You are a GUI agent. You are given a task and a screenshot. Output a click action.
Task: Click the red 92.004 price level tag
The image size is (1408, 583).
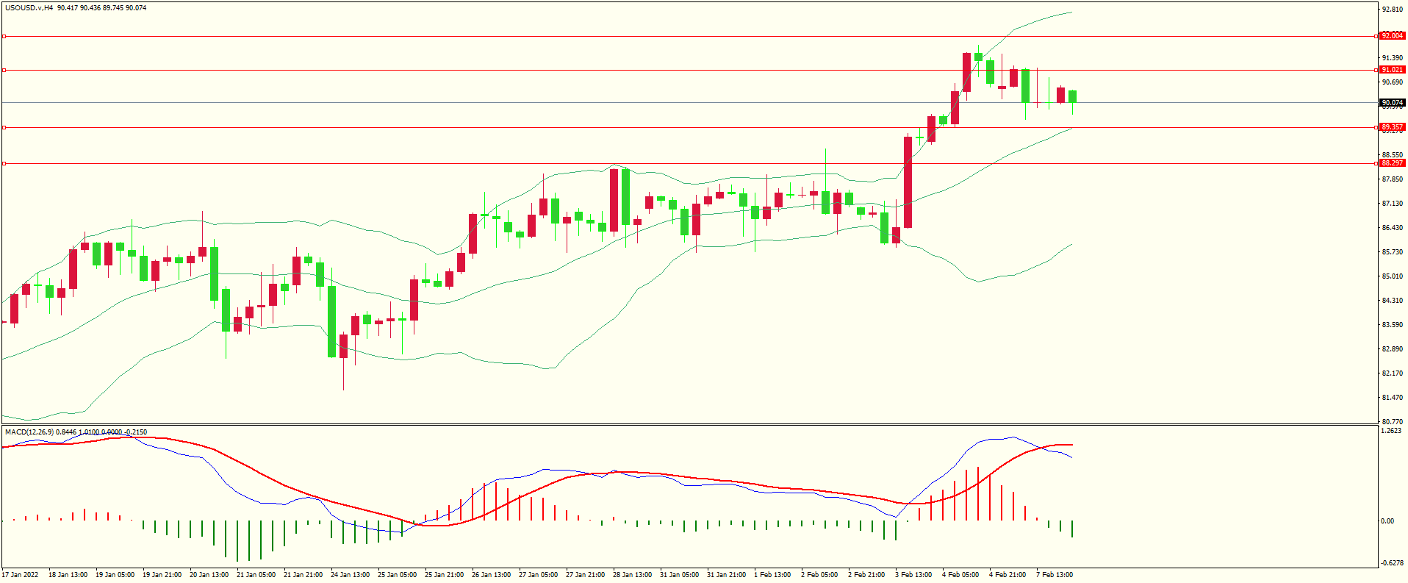[x=1392, y=36]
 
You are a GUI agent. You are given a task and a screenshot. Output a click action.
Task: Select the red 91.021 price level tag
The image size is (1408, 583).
[x=1392, y=70]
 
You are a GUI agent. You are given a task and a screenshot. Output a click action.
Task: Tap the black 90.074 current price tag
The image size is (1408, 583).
[x=1392, y=103]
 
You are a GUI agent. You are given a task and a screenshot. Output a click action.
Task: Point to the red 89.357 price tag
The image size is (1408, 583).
[x=1392, y=127]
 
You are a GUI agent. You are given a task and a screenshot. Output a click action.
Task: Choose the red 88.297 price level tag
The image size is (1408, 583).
[x=1392, y=163]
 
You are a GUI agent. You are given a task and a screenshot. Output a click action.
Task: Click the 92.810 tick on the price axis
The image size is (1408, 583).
[x=1392, y=10]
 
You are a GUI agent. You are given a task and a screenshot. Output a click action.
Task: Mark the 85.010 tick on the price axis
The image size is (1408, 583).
[x=1392, y=276]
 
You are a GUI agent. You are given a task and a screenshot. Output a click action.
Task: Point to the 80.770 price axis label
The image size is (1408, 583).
[x=1392, y=422]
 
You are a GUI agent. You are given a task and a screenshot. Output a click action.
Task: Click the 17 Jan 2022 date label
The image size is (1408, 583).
[x=20, y=575]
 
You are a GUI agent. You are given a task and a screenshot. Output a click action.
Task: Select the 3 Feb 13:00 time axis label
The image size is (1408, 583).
[x=913, y=575]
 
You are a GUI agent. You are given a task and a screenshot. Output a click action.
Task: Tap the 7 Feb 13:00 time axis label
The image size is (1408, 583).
[x=1055, y=575]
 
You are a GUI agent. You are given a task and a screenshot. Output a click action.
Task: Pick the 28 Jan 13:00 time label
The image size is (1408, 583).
[x=632, y=575]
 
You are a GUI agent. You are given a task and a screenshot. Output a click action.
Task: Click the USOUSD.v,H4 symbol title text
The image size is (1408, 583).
[x=29, y=8]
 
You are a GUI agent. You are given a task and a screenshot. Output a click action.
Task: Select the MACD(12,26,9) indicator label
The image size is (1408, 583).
[x=29, y=432]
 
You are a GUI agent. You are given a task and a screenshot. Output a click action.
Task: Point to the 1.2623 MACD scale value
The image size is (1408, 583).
[x=1391, y=432]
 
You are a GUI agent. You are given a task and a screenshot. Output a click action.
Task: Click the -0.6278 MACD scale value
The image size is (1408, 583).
[x=1391, y=563]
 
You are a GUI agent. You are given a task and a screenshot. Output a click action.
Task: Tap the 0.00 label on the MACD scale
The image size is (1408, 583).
[x=1387, y=521]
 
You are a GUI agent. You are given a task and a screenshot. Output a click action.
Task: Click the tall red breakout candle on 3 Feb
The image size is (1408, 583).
[x=908, y=182]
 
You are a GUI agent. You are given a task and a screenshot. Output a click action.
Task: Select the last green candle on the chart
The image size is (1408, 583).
[x=1073, y=96]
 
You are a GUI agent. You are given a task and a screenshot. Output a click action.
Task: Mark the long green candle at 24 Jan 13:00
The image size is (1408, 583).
[x=332, y=321]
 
